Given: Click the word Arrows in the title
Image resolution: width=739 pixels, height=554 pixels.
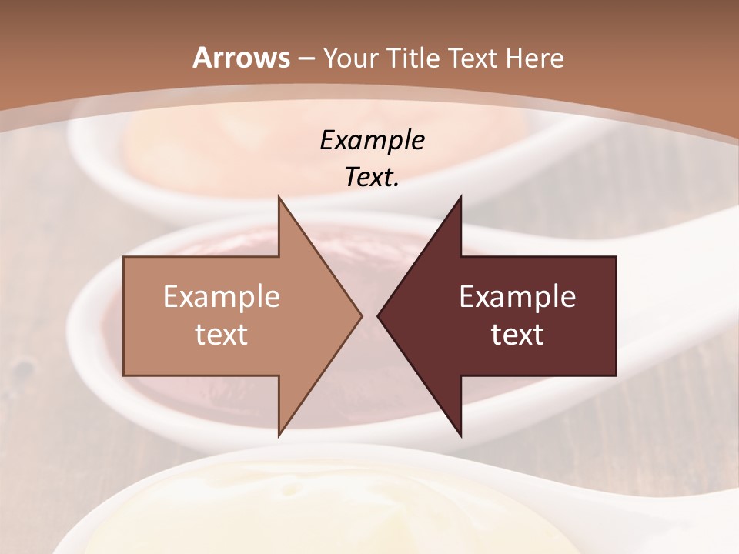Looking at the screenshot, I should click(242, 58).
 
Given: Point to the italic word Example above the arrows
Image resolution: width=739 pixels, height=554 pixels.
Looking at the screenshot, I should click(372, 140).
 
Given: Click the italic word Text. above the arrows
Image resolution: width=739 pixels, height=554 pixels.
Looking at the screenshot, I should click(372, 177).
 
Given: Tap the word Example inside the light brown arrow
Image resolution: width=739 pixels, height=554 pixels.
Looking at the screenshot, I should click(222, 297).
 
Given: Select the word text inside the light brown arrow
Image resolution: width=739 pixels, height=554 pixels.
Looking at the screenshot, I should click(222, 335).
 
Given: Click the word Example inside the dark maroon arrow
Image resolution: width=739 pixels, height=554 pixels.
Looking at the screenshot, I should click(517, 297).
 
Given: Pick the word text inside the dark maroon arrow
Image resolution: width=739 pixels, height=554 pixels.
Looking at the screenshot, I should click(517, 335).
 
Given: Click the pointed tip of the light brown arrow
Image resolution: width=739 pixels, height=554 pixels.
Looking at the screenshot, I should click(361, 315).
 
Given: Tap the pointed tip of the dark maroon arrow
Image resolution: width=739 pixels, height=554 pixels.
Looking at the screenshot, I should click(379, 315).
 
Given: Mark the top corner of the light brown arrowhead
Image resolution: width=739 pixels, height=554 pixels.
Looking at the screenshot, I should click(279, 197).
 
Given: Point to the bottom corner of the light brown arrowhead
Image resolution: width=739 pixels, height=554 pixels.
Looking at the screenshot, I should click(279, 436).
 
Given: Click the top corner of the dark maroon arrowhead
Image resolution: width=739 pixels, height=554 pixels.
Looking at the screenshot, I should click(460, 197).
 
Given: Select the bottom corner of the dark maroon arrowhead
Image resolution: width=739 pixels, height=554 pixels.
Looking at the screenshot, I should click(460, 436).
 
